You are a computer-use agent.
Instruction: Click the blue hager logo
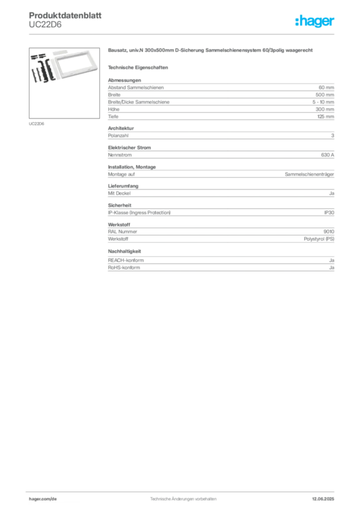[x=316, y=22]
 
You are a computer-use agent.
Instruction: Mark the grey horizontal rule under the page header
[x=183, y=34]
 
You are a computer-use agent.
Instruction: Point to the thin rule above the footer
[x=183, y=490]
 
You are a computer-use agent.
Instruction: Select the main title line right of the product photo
[x=210, y=52]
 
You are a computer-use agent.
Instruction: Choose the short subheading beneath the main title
[x=139, y=67]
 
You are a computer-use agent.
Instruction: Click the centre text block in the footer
[x=183, y=497]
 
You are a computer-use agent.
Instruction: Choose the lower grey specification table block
[x=220, y=229]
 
